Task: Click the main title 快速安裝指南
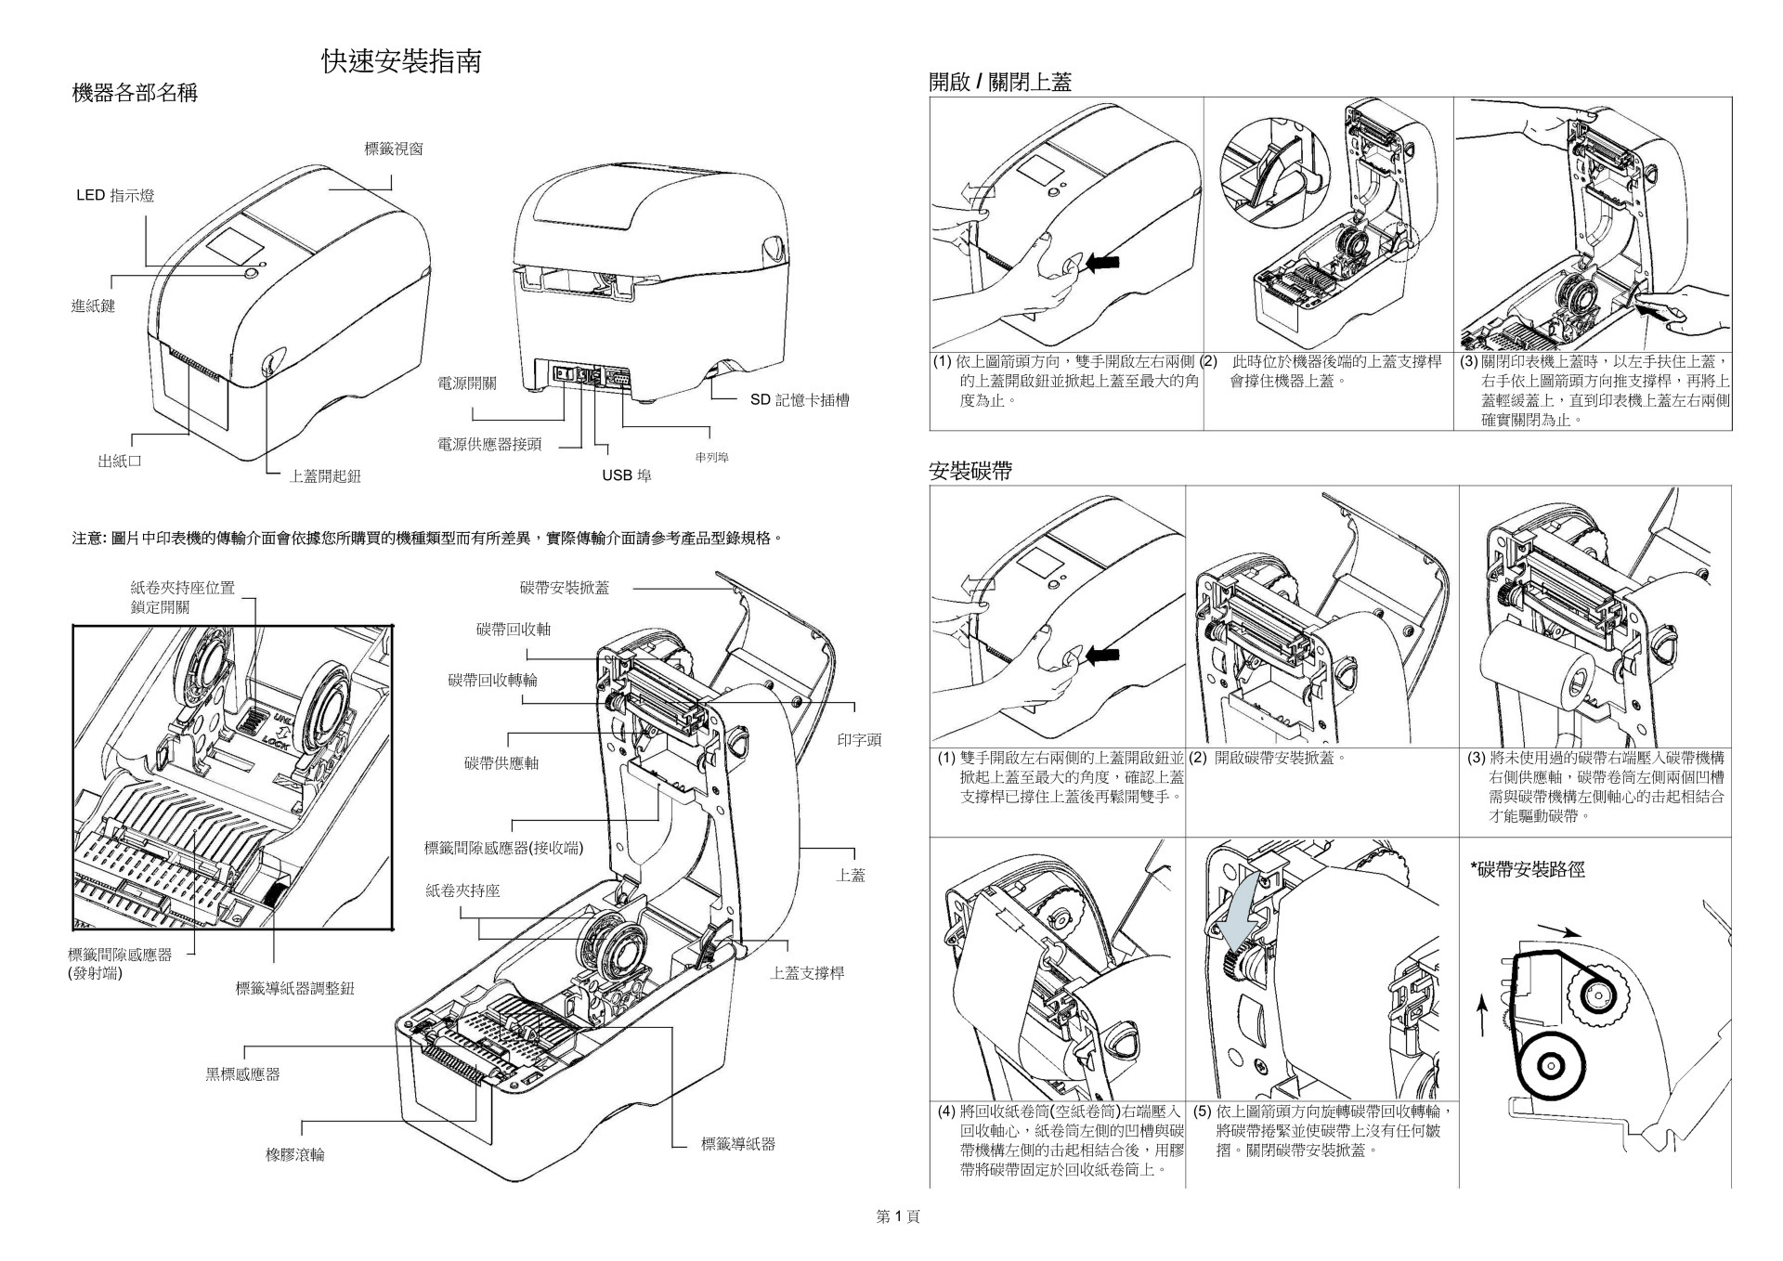pos(401,62)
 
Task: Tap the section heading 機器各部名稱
pos(135,93)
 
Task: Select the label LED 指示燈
pos(115,195)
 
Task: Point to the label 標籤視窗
pos(394,149)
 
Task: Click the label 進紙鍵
pos(94,306)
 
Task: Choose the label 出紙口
pos(120,461)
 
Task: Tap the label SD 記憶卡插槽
pos(800,400)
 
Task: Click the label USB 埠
pos(627,475)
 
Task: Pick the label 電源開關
pos(467,383)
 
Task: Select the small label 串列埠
pos(711,458)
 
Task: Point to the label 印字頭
pos(859,740)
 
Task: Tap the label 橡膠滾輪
pos(295,1155)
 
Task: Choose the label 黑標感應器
pos(242,1074)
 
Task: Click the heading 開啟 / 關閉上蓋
pos(1000,82)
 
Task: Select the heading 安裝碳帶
pos(970,472)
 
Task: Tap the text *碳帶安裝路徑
pos(1527,869)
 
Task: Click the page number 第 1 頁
pos(898,1216)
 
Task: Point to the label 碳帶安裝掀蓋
pos(565,587)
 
